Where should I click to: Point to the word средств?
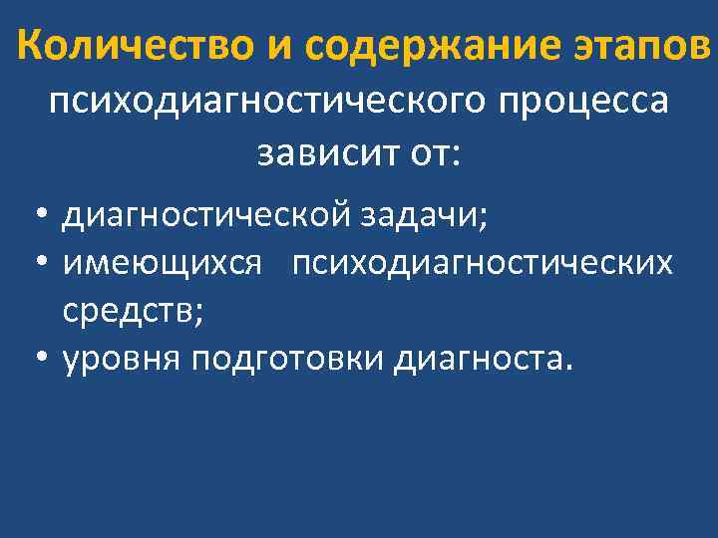click(132, 312)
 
